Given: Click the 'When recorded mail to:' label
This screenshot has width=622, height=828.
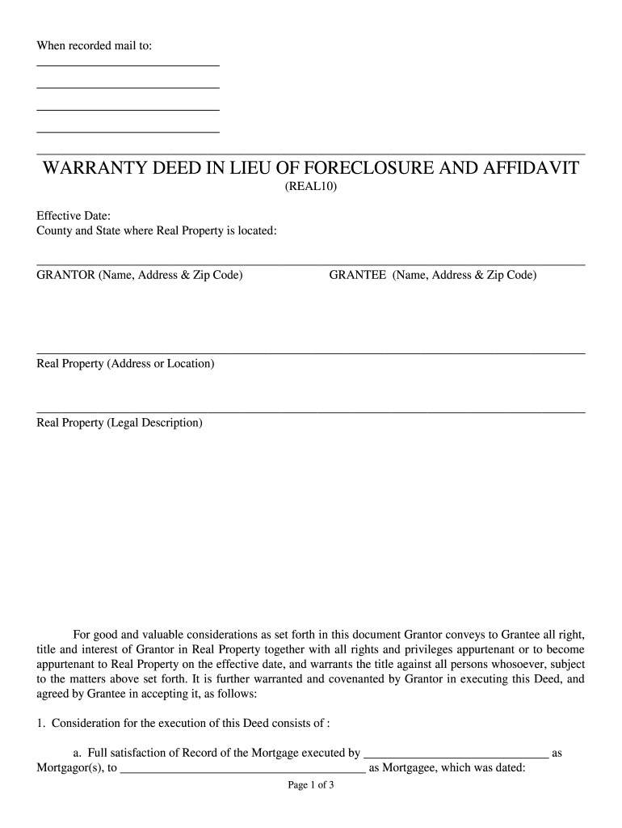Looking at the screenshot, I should click(x=95, y=46).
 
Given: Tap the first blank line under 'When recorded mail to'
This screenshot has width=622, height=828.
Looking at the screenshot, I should click(x=128, y=65).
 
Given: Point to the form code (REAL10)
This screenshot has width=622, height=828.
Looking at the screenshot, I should click(x=310, y=187).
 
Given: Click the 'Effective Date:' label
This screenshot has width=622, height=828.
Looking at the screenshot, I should click(x=74, y=216).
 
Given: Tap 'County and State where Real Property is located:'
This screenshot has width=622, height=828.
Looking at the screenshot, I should click(x=157, y=231).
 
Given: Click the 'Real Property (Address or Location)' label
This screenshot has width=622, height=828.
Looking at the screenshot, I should click(x=126, y=364).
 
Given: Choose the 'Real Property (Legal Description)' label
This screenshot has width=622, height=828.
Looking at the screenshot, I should click(x=120, y=423).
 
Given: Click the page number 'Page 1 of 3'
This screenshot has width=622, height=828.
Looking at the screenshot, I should click(x=311, y=784).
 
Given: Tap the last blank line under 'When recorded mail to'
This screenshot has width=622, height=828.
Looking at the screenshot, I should click(x=128, y=130).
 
